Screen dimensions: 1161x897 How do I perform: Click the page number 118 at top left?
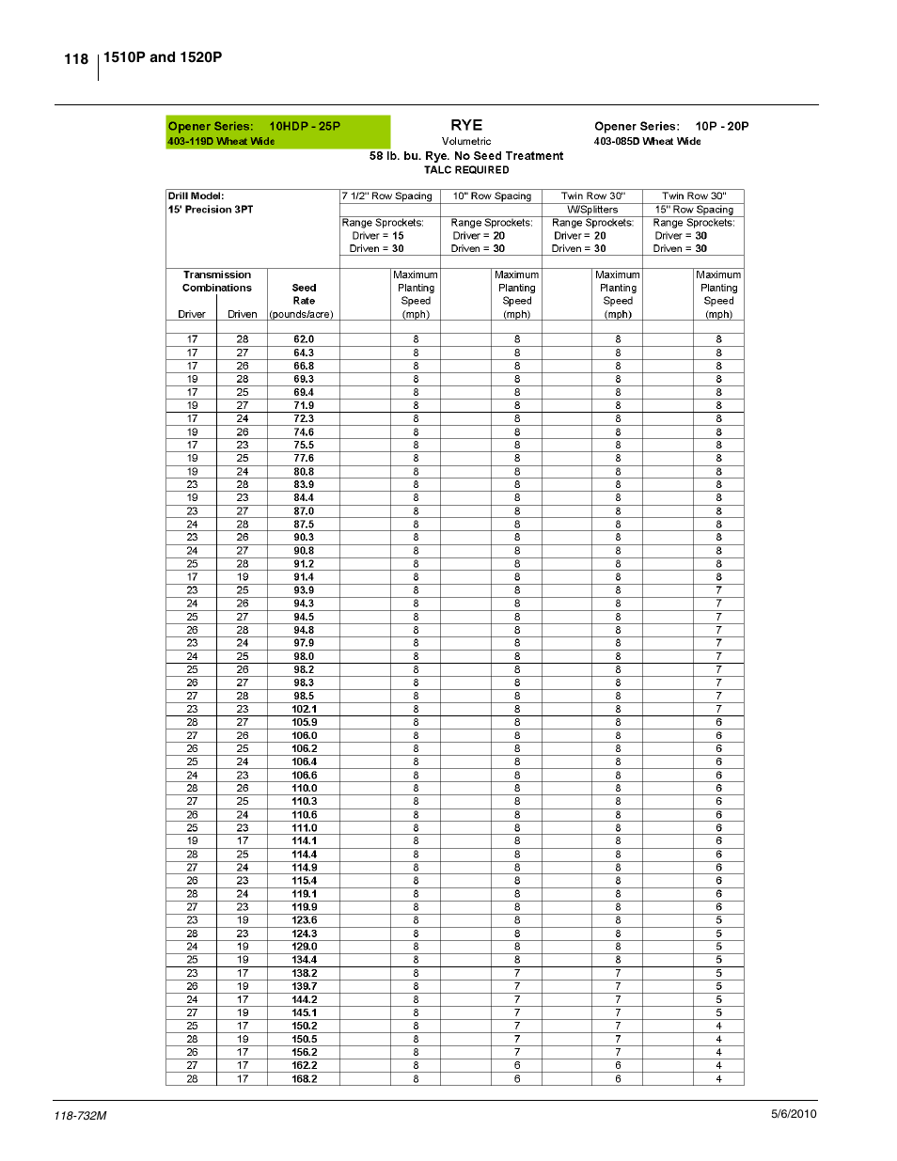(76, 59)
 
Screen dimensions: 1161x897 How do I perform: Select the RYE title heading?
(466, 125)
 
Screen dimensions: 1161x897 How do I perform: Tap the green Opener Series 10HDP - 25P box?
(277, 132)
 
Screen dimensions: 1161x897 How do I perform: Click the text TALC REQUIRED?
(466, 170)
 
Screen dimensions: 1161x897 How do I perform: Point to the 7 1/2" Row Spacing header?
(387, 196)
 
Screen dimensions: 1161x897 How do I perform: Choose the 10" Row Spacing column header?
(492, 196)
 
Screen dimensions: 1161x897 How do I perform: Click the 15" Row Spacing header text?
(694, 210)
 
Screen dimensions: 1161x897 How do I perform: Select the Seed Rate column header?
(304, 294)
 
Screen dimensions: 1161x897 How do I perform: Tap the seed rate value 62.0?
(304, 339)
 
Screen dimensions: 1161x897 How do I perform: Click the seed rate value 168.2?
(304, 1079)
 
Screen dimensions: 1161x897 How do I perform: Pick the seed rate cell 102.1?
(304, 710)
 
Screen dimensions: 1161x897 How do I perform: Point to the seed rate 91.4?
(304, 577)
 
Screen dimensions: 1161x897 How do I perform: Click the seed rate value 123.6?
(304, 920)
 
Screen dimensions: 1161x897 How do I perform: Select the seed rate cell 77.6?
(304, 459)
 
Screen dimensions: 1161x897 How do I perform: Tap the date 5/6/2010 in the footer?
(794, 1114)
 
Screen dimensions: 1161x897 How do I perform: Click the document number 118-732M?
(80, 1116)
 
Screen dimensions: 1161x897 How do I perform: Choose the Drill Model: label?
(196, 196)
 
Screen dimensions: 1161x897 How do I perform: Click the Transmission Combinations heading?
(217, 281)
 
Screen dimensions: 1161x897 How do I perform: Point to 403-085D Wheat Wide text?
(647, 142)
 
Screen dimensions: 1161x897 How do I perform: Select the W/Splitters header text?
(592, 210)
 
